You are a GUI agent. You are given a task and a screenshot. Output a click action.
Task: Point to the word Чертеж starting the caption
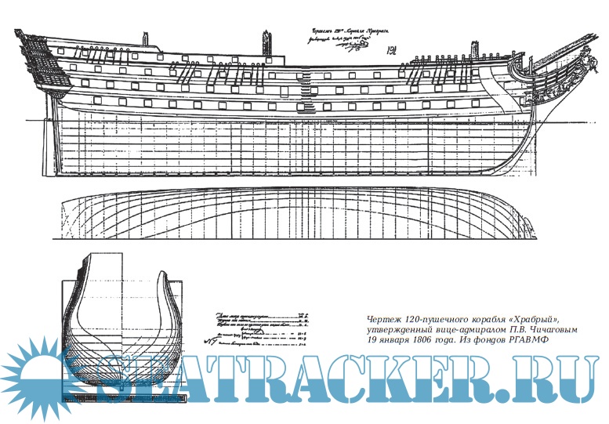tap(385, 321)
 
